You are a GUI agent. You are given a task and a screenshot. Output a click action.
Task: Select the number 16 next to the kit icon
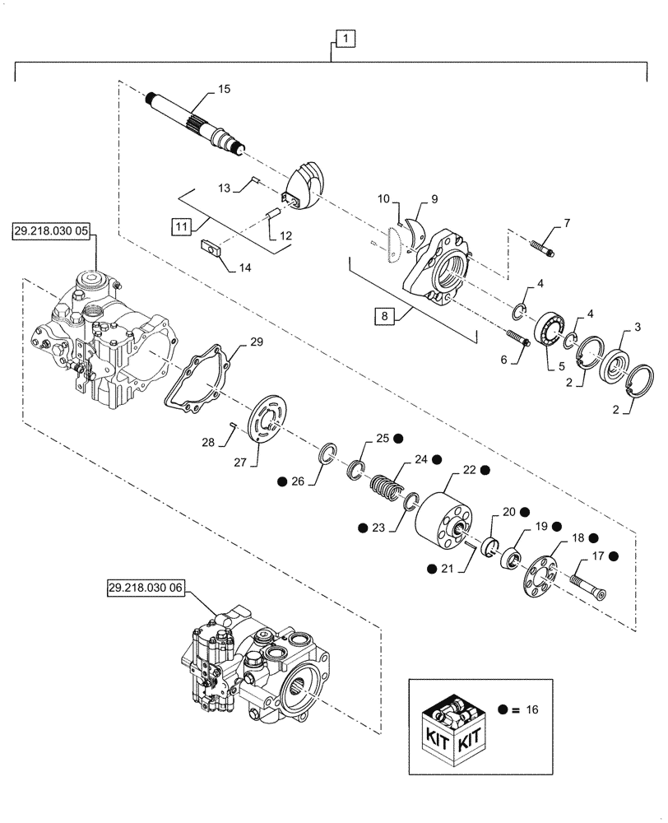point(531,708)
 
